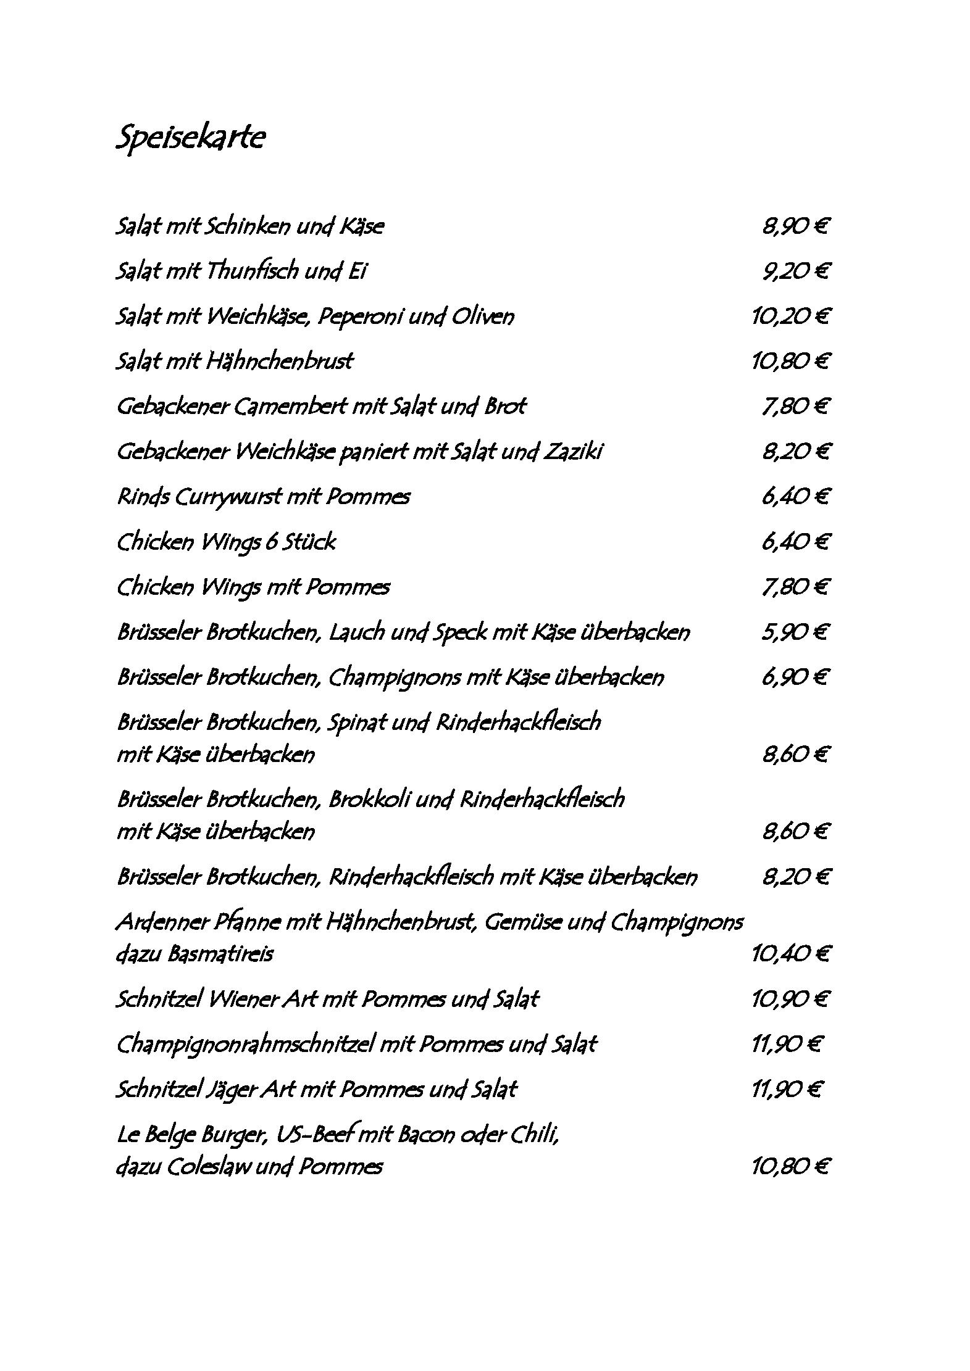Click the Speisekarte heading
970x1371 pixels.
[x=191, y=138]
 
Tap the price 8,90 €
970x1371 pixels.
[x=795, y=227]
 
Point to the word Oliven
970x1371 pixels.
[x=482, y=317]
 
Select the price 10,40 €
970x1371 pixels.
[x=790, y=955]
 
